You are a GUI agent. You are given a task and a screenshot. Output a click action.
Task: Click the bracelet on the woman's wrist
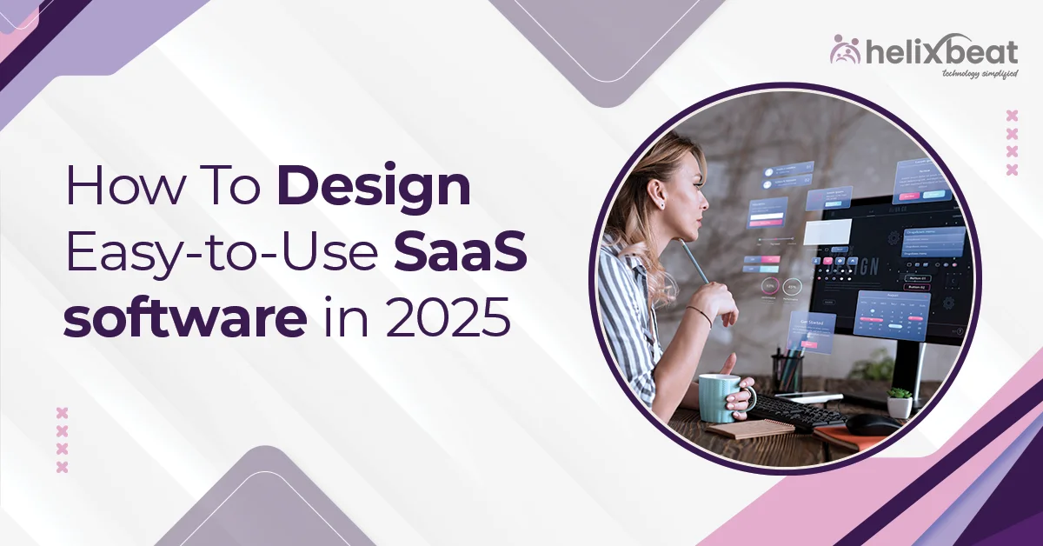pyautogui.click(x=700, y=316)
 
